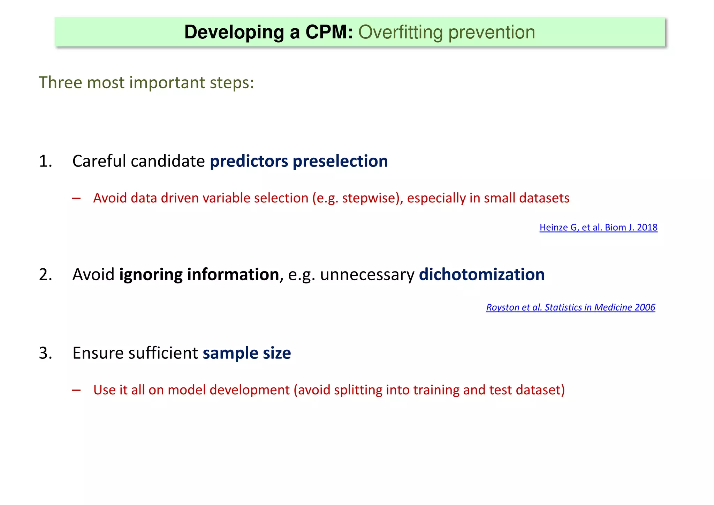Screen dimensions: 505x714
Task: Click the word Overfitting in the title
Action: coord(400,32)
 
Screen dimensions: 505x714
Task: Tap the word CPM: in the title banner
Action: coord(329,32)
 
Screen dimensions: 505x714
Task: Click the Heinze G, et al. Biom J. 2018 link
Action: coord(598,228)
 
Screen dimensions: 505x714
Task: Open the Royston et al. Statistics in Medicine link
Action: coord(570,307)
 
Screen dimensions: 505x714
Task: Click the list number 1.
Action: coord(45,161)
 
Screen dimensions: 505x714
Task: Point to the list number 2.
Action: coord(45,275)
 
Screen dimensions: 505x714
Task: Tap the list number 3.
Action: coord(45,353)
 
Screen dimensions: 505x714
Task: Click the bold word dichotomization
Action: coord(481,275)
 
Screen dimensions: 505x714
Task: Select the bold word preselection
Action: coord(340,161)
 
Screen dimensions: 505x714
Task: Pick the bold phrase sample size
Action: coord(247,353)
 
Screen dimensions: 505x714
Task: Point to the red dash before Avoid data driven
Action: coord(76,199)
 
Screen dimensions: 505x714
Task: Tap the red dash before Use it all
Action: coord(76,390)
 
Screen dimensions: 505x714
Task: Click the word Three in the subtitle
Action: coord(60,83)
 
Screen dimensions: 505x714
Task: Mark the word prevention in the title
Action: coord(492,32)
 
